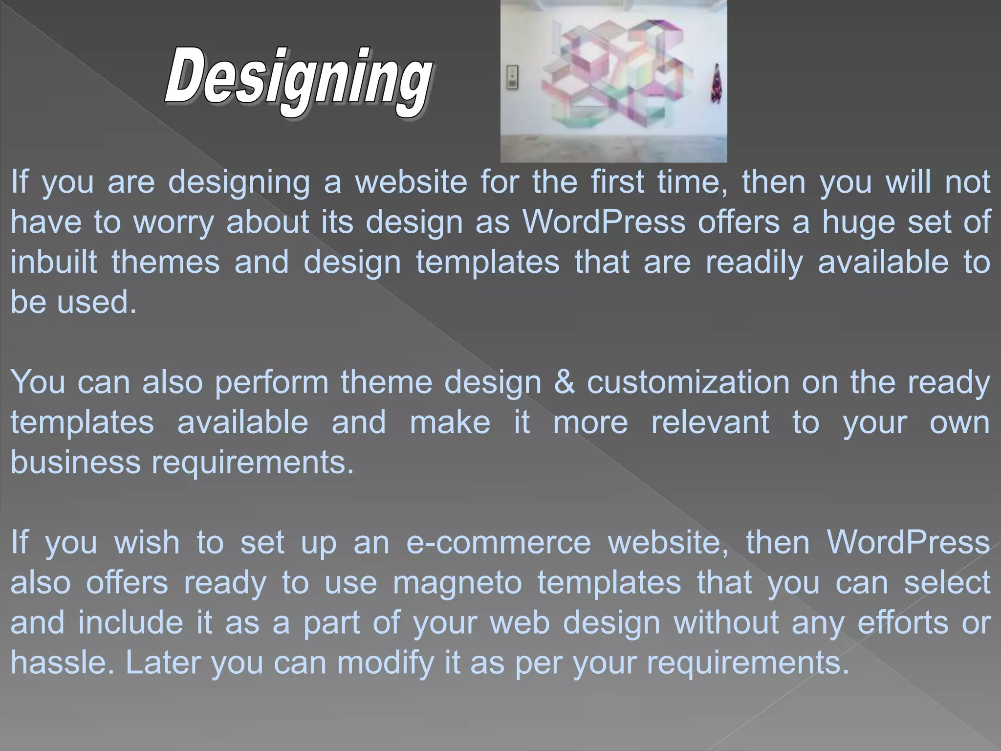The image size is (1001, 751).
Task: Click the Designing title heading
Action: (298, 81)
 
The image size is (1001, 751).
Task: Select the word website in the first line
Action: (411, 182)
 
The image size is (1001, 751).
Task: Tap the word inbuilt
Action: (54, 262)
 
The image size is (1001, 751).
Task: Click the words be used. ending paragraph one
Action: (73, 302)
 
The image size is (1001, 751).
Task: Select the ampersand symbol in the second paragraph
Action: (564, 382)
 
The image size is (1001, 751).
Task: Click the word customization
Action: (688, 382)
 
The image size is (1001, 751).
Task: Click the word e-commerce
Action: (499, 543)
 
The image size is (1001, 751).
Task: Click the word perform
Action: (272, 382)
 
